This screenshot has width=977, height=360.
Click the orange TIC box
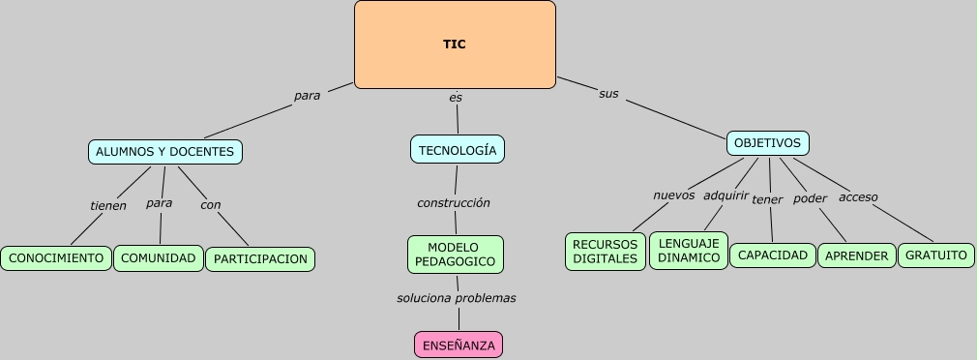(x=455, y=45)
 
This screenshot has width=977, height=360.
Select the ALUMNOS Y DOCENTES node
(x=164, y=151)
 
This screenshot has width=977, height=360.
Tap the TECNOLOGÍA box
(x=458, y=150)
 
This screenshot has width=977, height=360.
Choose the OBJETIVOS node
(x=767, y=143)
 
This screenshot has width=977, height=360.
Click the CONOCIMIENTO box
(x=56, y=258)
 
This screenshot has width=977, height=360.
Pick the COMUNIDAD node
(x=159, y=258)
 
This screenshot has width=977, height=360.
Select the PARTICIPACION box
(x=260, y=259)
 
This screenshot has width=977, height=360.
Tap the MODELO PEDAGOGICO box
(x=455, y=255)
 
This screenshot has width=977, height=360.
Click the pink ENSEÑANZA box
(x=459, y=345)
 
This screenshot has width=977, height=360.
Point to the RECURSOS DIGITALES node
(x=605, y=252)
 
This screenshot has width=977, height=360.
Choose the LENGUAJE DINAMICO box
(x=689, y=251)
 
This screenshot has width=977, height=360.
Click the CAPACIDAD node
(x=772, y=255)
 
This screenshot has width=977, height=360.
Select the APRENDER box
(x=856, y=256)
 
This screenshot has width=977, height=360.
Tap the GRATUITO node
(x=935, y=255)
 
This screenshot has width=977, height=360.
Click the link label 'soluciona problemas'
(x=457, y=298)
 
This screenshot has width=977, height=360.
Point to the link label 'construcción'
(x=454, y=203)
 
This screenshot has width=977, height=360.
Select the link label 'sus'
(x=608, y=94)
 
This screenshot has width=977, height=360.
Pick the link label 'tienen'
(x=108, y=205)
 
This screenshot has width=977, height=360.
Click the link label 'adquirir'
(x=725, y=195)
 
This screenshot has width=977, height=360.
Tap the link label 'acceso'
(x=858, y=197)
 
